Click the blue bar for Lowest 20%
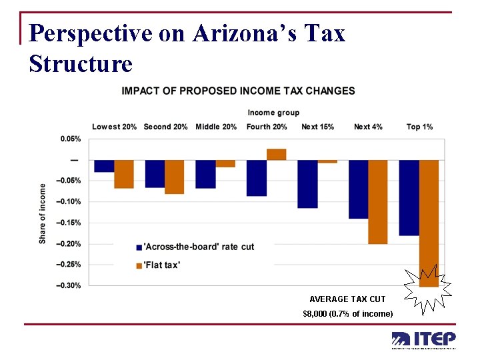104,166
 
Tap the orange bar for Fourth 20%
276,155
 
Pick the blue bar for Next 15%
307,184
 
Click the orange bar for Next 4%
377,202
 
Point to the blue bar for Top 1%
409,197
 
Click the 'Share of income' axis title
43,213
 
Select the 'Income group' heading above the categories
273,113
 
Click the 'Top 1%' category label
419,127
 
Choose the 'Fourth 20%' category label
267,127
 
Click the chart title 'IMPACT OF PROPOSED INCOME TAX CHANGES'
238,91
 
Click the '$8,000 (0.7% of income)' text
348,313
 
